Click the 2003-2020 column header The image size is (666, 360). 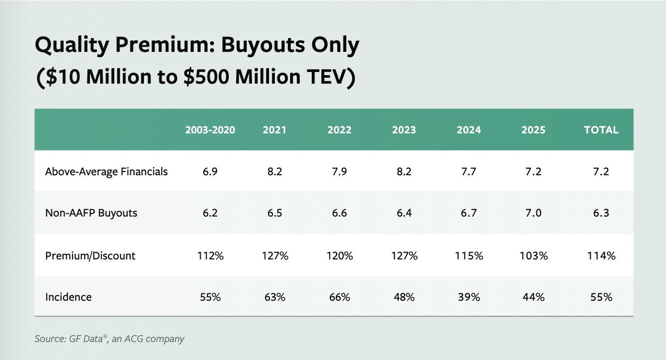[210, 130]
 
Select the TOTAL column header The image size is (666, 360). [601, 130]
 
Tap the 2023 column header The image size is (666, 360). [404, 130]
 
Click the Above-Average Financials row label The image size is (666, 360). [106, 172]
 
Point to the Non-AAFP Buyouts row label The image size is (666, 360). [91, 213]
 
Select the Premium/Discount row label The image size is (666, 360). [90, 256]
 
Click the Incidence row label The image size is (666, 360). [68, 297]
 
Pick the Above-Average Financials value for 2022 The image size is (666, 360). [339, 172]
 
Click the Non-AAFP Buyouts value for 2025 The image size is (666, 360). [534, 213]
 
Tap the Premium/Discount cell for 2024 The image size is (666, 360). [469, 256]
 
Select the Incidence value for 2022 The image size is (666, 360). [339, 297]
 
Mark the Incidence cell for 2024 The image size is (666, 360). [469, 297]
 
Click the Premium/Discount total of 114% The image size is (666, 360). [601, 256]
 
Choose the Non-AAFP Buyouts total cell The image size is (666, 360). [601, 213]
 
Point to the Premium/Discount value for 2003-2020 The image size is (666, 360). [210, 256]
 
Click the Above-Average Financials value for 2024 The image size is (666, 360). [469, 172]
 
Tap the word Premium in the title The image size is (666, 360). [165, 44]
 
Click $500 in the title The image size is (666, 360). [206, 77]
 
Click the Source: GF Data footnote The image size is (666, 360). [110, 339]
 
